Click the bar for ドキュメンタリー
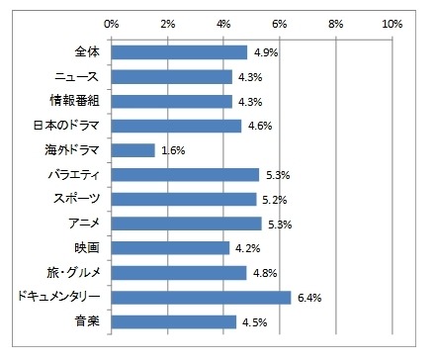click(201, 297)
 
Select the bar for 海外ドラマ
click(133, 150)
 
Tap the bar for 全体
click(179, 52)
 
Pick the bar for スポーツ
click(184, 199)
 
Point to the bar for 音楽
click(174, 321)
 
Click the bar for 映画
click(170, 247)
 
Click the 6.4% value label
click(306, 297)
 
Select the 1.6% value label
click(172, 150)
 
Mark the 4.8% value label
click(261, 272)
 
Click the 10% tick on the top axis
click(391, 21)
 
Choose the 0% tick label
click(112, 21)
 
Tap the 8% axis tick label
click(335, 21)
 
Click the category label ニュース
click(75, 76)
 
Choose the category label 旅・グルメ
click(70, 272)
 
